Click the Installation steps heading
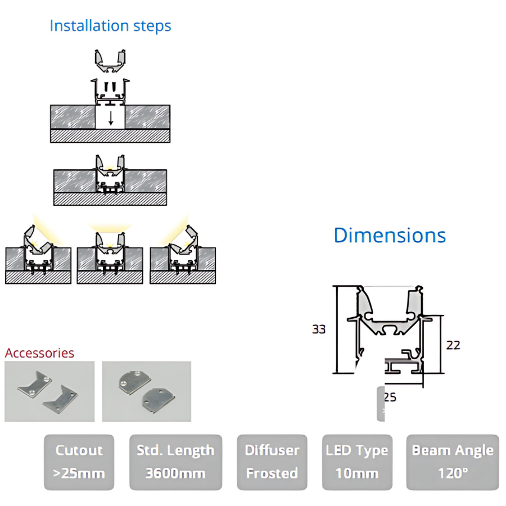point(110,26)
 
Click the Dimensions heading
point(390,235)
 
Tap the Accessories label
point(39,353)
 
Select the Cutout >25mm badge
point(79,462)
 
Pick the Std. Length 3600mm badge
point(175,462)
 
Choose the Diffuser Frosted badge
point(272,462)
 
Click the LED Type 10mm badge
point(356,462)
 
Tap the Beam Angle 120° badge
point(453,462)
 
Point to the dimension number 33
point(319,329)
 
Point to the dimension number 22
point(453,345)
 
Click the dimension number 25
point(390,397)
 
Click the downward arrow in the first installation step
point(111,119)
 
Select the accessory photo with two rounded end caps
point(146,391)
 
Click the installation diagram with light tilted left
point(38,253)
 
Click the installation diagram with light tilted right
point(182,253)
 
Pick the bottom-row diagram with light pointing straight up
point(110,253)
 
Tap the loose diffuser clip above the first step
point(110,61)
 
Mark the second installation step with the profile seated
point(110,180)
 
